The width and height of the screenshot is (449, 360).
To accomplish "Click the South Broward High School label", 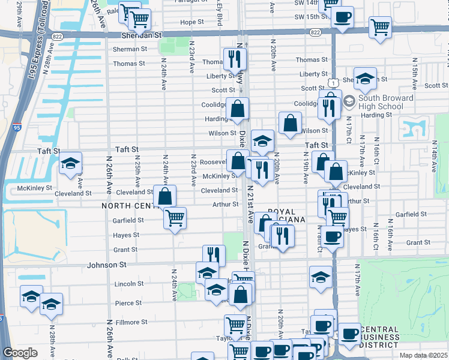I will tap(385, 102).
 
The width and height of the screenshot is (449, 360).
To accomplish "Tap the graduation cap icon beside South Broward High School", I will tap(365, 79).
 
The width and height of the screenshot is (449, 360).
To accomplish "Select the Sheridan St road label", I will tap(142, 35).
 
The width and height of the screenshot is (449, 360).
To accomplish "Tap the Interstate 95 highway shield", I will tap(16, 127).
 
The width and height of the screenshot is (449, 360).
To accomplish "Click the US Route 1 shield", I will tap(332, 82).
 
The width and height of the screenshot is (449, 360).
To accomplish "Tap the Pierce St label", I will tap(128, 303).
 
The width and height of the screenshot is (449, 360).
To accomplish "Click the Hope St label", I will tap(192, 22).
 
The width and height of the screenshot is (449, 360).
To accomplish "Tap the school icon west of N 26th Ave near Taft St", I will tap(70, 164).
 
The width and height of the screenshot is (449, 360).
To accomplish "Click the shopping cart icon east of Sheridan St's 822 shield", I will tap(380, 27).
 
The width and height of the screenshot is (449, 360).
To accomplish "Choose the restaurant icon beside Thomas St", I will tap(234, 59).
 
